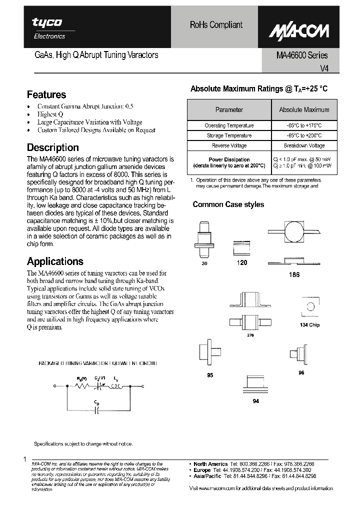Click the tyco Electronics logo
[x=48, y=27]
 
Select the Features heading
[x=46, y=94]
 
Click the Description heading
[x=52, y=147]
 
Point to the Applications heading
[x=55, y=261]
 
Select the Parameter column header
[x=229, y=109]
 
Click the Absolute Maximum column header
[x=304, y=109]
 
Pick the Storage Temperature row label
[x=229, y=135]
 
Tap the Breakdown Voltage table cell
[x=304, y=145]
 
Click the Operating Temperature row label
[x=229, y=125]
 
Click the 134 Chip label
[x=309, y=325]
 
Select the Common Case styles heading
[x=228, y=204]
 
